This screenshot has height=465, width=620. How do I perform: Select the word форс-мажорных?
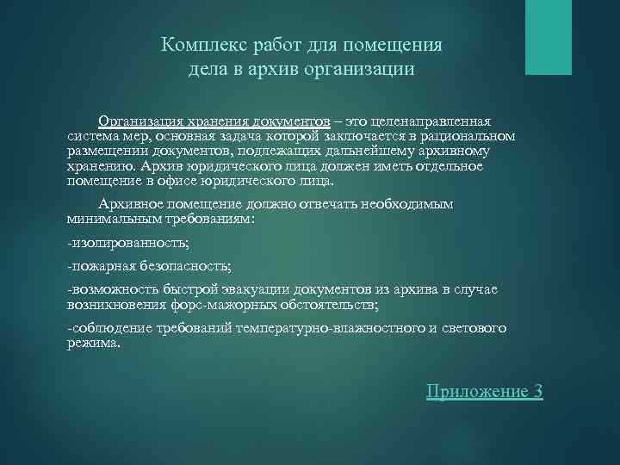[245, 305]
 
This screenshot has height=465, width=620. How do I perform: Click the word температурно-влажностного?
[335, 328]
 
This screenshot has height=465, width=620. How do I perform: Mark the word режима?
[94, 343]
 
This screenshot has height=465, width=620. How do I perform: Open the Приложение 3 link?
[485, 391]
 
